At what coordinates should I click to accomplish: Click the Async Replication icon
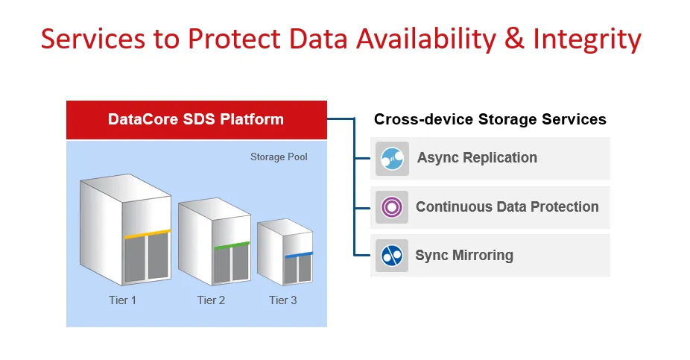[x=392, y=159]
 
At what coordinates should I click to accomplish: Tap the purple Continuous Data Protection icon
[x=392, y=207]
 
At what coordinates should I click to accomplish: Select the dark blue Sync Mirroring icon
[x=392, y=255]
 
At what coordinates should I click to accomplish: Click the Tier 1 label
[x=122, y=300]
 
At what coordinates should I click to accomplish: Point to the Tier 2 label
[x=211, y=300]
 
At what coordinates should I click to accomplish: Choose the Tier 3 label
[x=283, y=300]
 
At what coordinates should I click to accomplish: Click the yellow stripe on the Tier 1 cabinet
[x=147, y=234]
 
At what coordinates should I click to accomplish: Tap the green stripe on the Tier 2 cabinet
[x=232, y=245]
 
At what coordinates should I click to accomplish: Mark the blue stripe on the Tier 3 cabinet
[x=299, y=255]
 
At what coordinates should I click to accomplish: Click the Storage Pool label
[x=279, y=157]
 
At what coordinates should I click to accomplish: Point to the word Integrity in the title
[x=587, y=40]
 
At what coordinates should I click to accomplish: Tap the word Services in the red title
[x=93, y=39]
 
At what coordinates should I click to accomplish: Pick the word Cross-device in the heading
[x=423, y=119]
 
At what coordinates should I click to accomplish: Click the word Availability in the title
[x=426, y=40]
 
